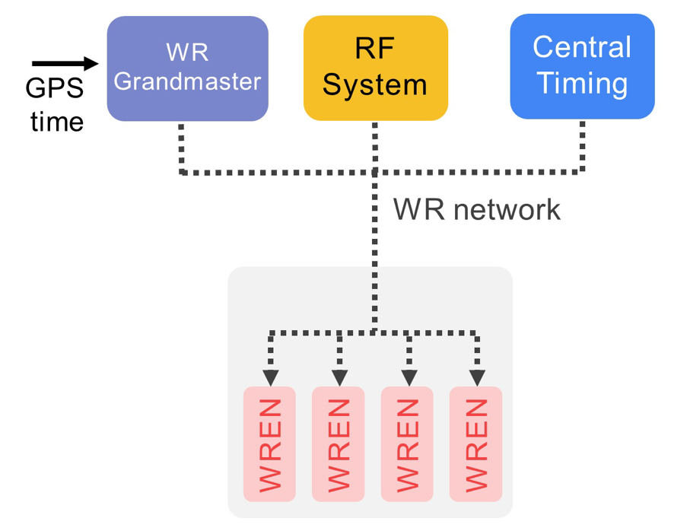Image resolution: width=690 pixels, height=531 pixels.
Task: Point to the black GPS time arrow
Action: [65, 64]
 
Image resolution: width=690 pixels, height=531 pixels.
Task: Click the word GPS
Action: [54, 90]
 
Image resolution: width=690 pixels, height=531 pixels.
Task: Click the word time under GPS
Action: [56, 121]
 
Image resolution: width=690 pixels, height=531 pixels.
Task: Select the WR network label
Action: [476, 208]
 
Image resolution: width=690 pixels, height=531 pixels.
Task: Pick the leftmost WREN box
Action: [270, 444]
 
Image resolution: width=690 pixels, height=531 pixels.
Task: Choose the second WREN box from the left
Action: [339, 444]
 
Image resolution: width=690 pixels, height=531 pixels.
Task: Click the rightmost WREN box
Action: [475, 444]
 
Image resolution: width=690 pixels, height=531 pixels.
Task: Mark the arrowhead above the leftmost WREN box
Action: [270, 377]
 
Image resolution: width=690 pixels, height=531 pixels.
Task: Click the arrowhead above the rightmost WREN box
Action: [477, 377]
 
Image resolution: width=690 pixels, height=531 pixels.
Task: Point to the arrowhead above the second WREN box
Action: [339, 377]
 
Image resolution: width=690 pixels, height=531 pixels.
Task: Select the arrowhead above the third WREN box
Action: [409, 377]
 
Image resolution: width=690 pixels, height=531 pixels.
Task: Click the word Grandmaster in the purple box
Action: [187, 81]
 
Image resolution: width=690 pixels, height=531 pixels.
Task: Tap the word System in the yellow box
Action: [375, 83]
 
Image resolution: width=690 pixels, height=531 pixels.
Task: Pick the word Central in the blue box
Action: [582, 47]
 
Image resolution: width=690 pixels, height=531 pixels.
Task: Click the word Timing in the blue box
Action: [582, 83]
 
